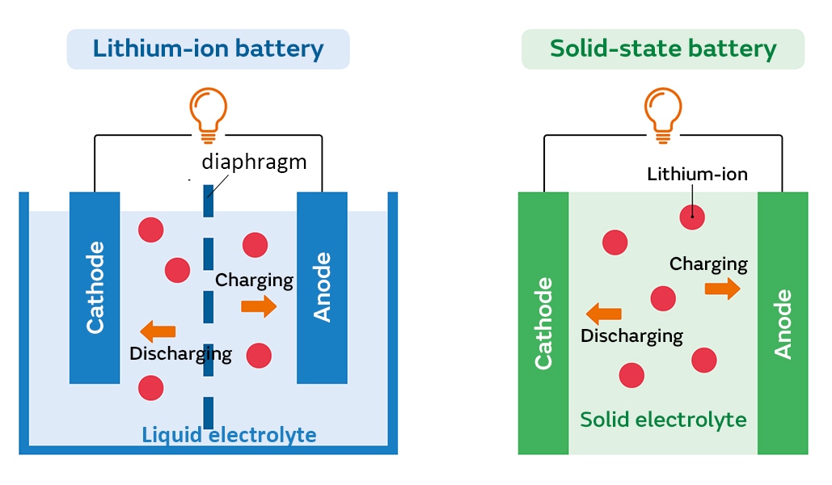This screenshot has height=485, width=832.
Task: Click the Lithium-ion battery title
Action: (x=208, y=48)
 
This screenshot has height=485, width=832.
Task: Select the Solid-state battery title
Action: (x=662, y=48)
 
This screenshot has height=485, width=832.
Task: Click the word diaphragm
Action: (x=254, y=162)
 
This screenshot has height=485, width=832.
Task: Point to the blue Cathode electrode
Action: (x=95, y=288)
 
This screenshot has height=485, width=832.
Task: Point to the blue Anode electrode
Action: (x=322, y=288)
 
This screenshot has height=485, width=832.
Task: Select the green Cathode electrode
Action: (x=543, y=323)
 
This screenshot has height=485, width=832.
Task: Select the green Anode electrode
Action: (x=783, y=323)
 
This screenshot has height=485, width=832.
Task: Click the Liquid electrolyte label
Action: (x=229, y=435)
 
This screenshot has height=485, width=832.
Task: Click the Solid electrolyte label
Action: (x=663, y=420)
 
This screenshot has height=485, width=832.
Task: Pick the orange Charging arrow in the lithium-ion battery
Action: (x=259, y=306)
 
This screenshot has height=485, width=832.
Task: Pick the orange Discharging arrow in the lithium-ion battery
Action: (x=158, y=331)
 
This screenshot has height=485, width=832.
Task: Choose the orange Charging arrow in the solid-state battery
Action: (x=722, y=289)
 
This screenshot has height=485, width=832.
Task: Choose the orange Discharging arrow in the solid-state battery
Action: (x=603, y=314)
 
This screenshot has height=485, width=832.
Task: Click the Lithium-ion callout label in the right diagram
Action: (x=697, y=174)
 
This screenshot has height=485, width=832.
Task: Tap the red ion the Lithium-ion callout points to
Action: (x=691, y=217)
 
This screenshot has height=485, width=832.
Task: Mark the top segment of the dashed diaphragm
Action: (x=208, y=202)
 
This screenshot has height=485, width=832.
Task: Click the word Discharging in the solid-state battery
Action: (x=631, y=336)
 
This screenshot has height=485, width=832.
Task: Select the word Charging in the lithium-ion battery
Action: (x=254, y=280)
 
